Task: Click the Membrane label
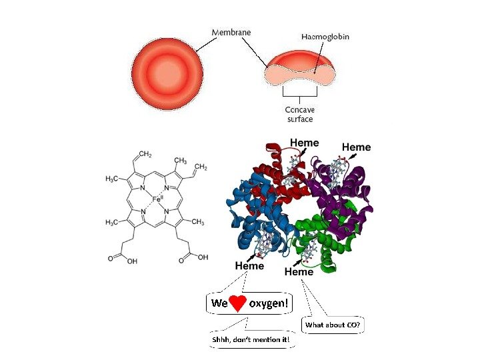tap(232, 31)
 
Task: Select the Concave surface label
tap(299, 114)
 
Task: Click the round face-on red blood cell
tap(167, 70)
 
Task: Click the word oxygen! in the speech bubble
tap(269, 304)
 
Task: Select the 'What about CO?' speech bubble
tap(333, 325)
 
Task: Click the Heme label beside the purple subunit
tap(356, 147)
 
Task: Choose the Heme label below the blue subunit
tap(249, 265)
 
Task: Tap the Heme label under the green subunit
tap(299, 271)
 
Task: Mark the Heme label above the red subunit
tap(304, 143)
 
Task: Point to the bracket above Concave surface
tap(299, 93)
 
